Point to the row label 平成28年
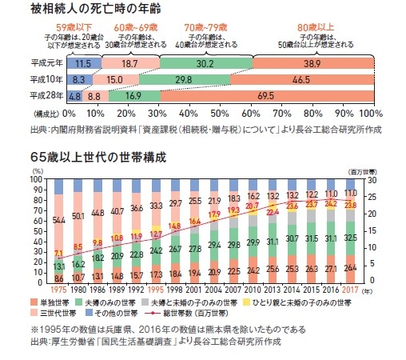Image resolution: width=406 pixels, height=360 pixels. coord(46,95)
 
